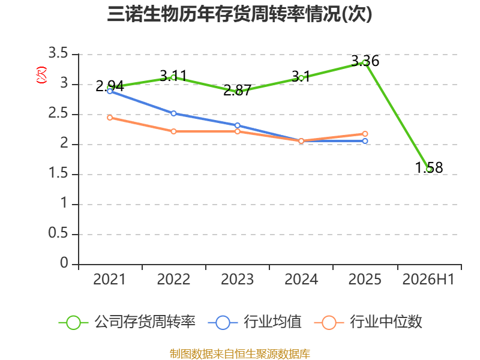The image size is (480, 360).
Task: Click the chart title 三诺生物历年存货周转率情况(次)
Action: tap(239, 14)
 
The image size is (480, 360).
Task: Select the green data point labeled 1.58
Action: tap(429, 169)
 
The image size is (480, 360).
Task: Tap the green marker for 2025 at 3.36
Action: tap(365, 62)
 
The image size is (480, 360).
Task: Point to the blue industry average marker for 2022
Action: tap(173, 113)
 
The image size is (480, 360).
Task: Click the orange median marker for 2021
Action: tap(110, 118)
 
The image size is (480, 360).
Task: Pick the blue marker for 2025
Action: tap(365, 141)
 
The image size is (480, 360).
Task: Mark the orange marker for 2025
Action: tap(365, 134)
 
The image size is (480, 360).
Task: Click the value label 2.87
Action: tap(237, 91)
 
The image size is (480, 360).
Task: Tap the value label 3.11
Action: tap(173, 76)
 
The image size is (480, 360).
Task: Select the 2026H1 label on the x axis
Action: tap(428, 279)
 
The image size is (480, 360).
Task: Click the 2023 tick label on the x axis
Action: tap(237, 279)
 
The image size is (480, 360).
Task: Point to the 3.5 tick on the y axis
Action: tap(58, 53)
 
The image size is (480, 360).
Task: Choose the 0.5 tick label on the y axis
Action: tap(58, 233)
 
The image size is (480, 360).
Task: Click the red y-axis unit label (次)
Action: tap(41, 75)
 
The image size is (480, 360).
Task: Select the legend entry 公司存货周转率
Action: tap(127, 322)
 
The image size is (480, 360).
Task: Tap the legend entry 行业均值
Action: tap(254, 322)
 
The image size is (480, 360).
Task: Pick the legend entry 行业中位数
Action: tap(368, 322)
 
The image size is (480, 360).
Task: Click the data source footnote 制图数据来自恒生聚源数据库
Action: tap(240, 354)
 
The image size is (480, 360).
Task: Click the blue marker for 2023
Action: tap(237, 125)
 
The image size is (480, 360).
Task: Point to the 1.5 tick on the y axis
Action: tap(58, 173)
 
